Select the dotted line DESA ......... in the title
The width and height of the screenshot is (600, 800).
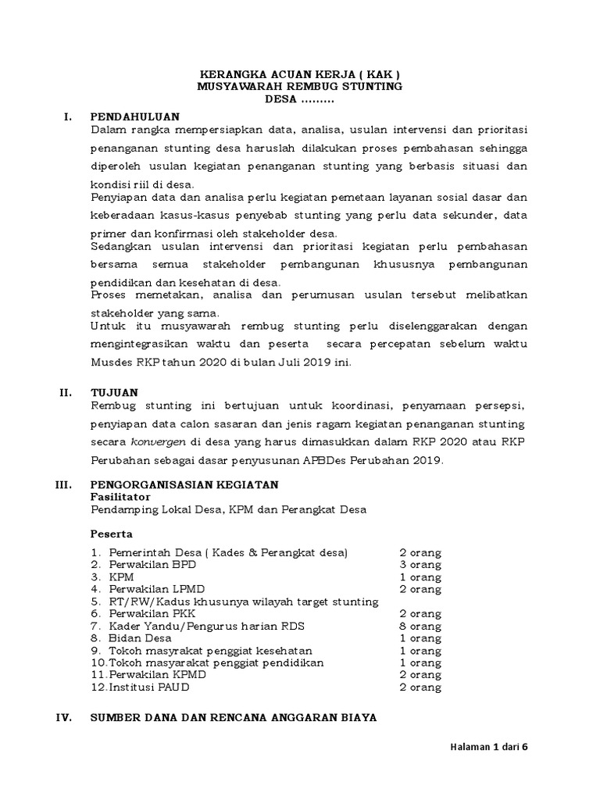point(300,100)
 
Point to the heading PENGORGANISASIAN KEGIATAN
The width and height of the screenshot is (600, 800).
point(184,484)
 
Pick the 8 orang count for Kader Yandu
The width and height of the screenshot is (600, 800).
point(420,626)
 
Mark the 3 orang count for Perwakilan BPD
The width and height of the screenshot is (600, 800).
point(420,564)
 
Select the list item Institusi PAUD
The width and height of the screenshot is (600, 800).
point(149,687)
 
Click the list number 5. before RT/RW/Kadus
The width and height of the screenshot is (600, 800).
point(95,602)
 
